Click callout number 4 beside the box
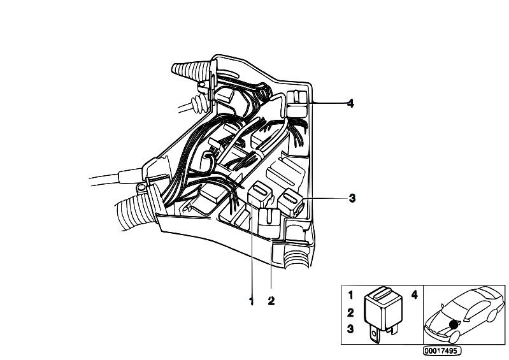(x=350, y=104)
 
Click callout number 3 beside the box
(x=352, y=198)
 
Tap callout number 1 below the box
(x=251, y=301)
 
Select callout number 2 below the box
(x=271, y=301)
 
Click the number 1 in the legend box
(x=350, y=295)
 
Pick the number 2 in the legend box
(x=350, y=313)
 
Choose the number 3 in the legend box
(x=350, y=329)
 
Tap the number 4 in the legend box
(x=415, y=295)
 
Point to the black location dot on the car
(x=454, y=324)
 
